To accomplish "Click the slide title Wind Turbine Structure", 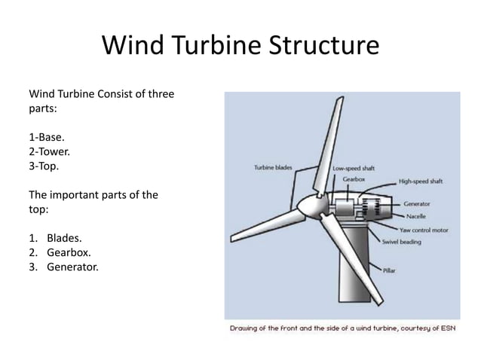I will click(x=240, y=47).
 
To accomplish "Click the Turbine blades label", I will click(x=273, y=168).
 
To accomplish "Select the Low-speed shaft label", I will click(x=354, y=169).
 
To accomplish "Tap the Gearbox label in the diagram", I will click(x=354, y=179).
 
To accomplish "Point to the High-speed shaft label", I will click(x=421, y=182).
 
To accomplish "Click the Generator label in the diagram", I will click(x=417, y=203).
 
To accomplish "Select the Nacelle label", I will click(x=415, y=216).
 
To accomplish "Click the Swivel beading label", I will click(x=401, y=242).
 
